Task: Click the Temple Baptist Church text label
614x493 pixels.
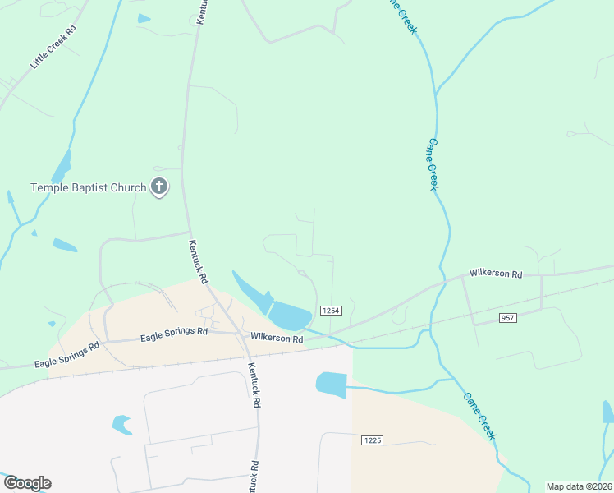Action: click(88, 187)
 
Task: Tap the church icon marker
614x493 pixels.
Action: click(159, 187)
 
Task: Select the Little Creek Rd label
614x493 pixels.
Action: click(53, 47)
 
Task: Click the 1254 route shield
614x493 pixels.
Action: click(330, 310)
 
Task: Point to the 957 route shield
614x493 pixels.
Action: click(507, 317)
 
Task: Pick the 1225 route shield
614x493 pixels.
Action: click(371, 440)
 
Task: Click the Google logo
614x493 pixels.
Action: click(26, 483)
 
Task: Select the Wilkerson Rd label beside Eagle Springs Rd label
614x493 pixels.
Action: click(277, 337)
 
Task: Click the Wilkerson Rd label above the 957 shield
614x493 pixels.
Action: click(496, 273)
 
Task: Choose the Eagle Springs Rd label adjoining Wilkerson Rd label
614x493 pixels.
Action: click(173, 334)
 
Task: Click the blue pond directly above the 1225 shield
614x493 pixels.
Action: click(332, 385)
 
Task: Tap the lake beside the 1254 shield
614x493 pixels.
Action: click(289, 314)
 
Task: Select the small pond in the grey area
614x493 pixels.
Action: click(121, 425)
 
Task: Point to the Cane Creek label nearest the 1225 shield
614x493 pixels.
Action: click(479, 415)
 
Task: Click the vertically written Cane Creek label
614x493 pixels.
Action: click(432, 164)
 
